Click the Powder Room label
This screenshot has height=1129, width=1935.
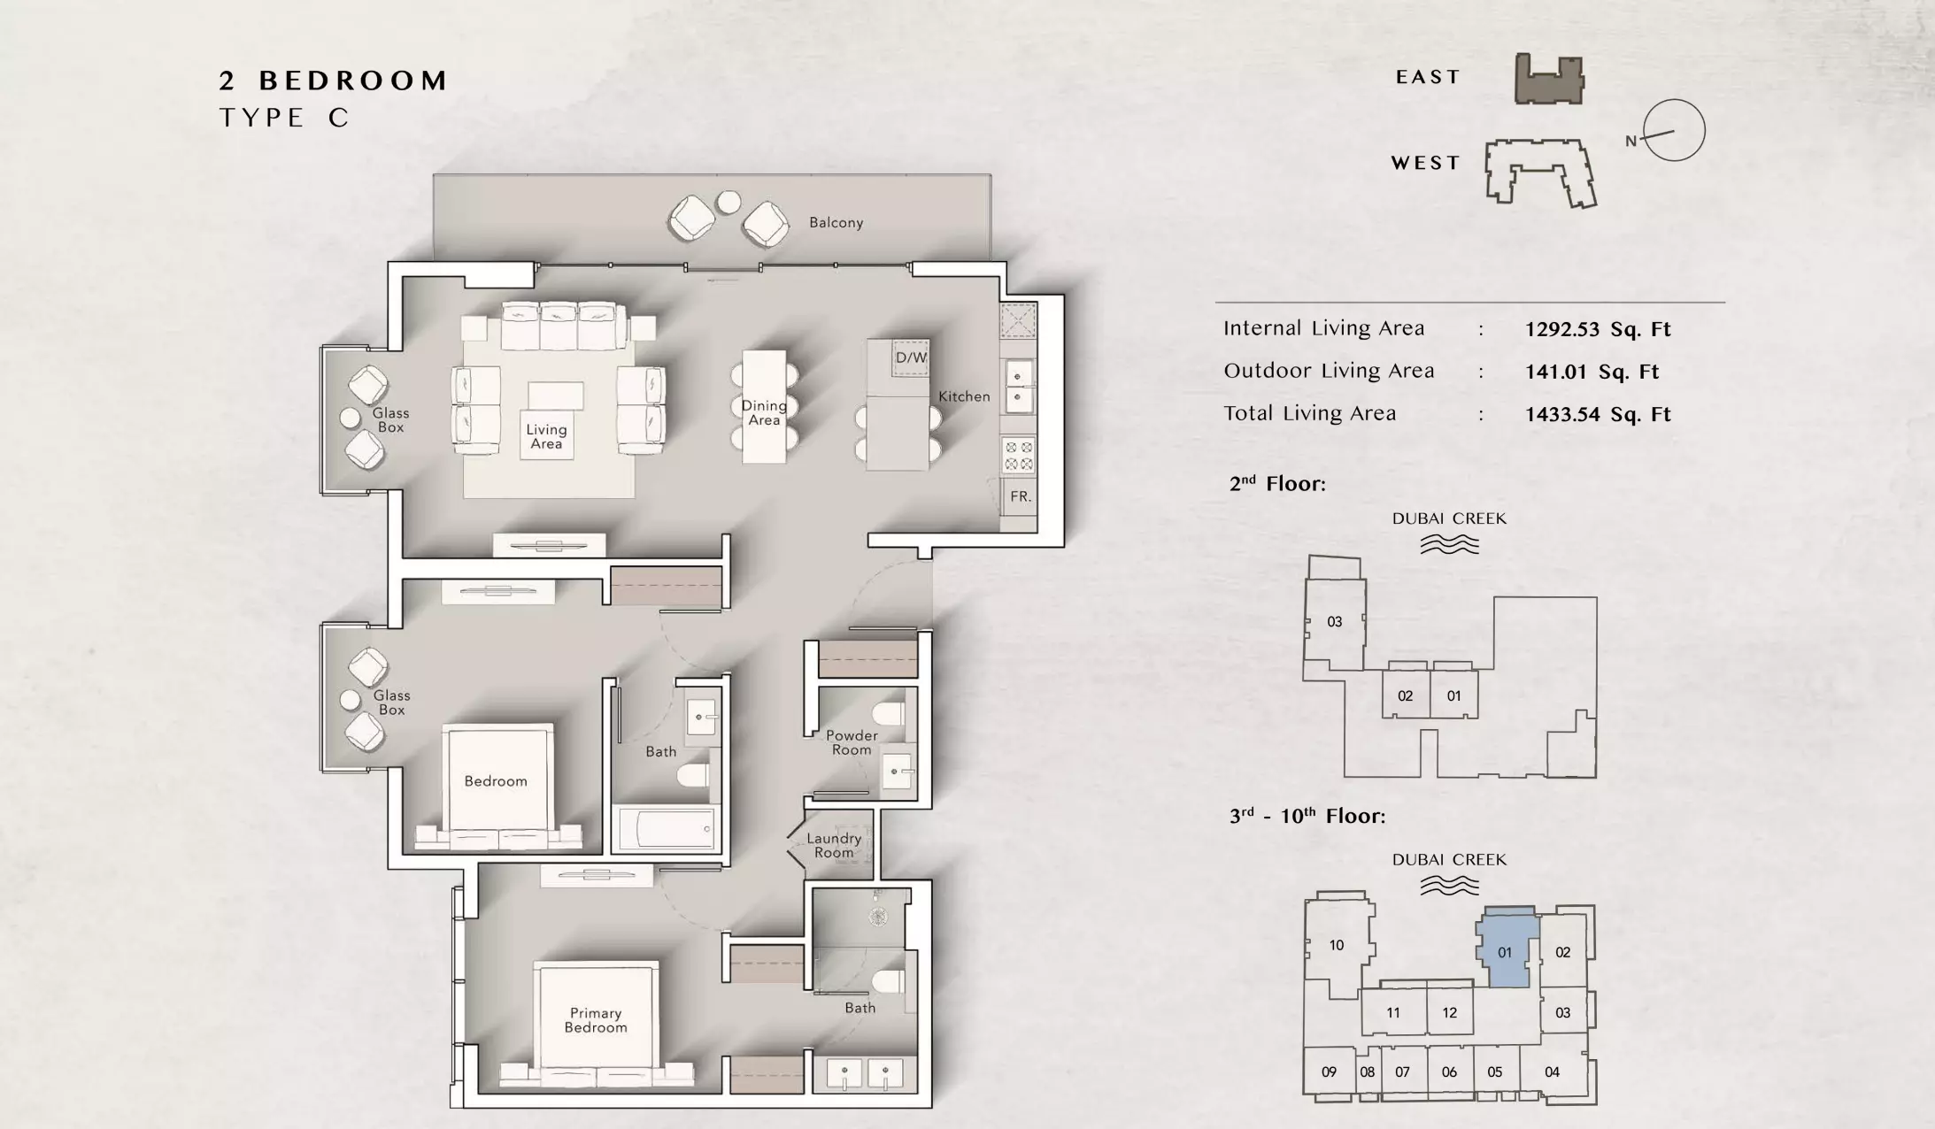coord(852,742)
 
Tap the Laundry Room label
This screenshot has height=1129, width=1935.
coord(834,846)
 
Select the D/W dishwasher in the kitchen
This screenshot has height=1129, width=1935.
coord(911,357)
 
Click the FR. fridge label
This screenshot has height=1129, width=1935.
coord(1021,496)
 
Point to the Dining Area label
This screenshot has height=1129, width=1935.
coord(764,412)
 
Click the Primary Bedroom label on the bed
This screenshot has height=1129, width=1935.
coord(596,1020)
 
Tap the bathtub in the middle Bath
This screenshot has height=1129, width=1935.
coord(666,829)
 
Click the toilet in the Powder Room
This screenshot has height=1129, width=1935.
coord(889,714)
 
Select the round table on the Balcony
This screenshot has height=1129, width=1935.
coord(729,203)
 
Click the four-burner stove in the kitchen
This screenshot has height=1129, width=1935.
coord(1018,456)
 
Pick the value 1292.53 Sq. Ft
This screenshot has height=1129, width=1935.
coord(1598,329)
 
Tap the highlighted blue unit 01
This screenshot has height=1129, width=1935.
coord(1506,949)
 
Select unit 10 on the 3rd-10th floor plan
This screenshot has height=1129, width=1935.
coord(1337,945)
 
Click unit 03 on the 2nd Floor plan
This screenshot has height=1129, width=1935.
coord(1335,621)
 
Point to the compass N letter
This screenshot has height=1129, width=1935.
coord(1630,141)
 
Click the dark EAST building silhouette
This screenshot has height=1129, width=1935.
coord(1549,79)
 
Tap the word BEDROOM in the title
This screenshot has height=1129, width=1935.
coord(353,81)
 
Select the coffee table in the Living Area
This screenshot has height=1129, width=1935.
coord(556,396)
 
